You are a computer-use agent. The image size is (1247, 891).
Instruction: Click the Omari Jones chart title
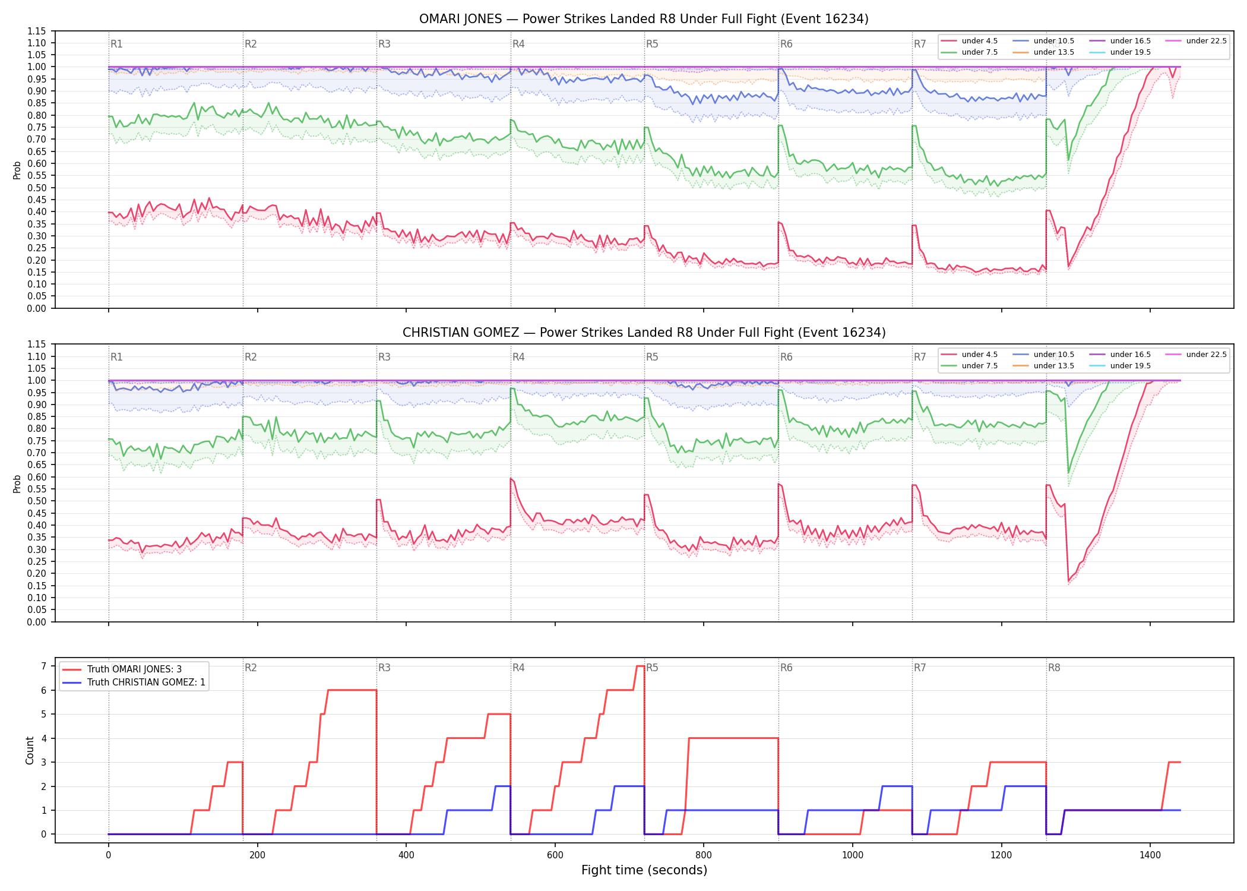pyautogui.click(x=644, y=19)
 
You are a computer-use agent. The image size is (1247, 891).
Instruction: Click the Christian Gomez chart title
pyautogui.click(x=644, y=333)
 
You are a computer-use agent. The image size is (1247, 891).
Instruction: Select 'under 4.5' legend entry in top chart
pyautogui.click(x=969, y=41)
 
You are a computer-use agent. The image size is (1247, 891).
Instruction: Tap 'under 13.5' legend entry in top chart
pyautogui.click(x=1043, y=52)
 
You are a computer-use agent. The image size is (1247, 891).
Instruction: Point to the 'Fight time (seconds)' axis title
pyautogui.click(x=644, y=870)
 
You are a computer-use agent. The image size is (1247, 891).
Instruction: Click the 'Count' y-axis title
pyautogui.click(x=30, y=750)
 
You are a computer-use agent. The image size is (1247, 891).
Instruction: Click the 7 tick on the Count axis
pyautogui.click(x=43, y=666)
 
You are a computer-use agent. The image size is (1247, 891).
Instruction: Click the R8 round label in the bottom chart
pyautogui.click(x=1054, y=668)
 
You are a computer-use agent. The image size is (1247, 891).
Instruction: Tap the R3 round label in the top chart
pyautogui.click(x=384, y=44)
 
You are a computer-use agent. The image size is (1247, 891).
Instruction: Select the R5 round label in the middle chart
pyautogui.click(x=652, y=357)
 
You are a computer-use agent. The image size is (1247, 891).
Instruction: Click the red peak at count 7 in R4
pyautogui.click(x=640, y=666)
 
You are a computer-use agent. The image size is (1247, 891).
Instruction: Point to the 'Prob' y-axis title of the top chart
pyautogui.click(x=17, y=170)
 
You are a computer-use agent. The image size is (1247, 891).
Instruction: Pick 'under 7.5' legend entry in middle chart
pyautogui.click(x=969, y=366)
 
